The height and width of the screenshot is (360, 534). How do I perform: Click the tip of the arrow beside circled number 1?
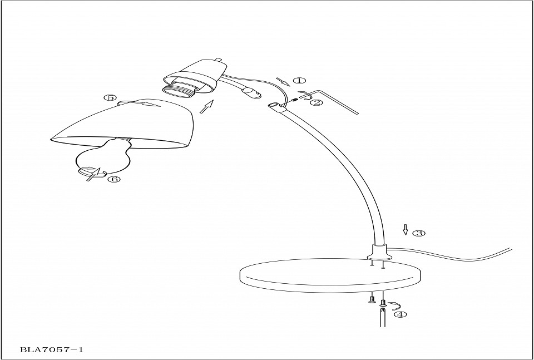click(290, 86)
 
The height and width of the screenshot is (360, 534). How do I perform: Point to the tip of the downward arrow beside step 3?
click(406, 235)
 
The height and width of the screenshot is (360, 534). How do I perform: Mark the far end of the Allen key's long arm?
click(358, 114)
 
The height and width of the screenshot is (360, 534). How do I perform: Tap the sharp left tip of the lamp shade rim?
click(51, 139)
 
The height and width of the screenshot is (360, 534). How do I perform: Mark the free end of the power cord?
click(512, 249)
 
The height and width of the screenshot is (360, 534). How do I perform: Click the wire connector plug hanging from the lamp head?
click(251, 92)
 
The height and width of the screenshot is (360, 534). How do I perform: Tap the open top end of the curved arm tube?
click(274, 106)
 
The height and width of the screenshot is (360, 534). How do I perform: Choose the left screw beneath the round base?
click(372, 298)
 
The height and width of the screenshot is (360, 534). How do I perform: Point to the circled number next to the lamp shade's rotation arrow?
click(110, 98)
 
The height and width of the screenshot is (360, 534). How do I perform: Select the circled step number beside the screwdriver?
click(400, 314)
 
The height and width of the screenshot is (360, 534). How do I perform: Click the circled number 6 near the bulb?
click(114, 179)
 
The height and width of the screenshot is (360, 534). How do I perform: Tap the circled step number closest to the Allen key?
click(316, 102)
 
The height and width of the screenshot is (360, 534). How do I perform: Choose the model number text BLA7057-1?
click(52, 349)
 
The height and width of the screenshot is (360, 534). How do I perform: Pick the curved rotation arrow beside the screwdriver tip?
click(395, 305)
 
